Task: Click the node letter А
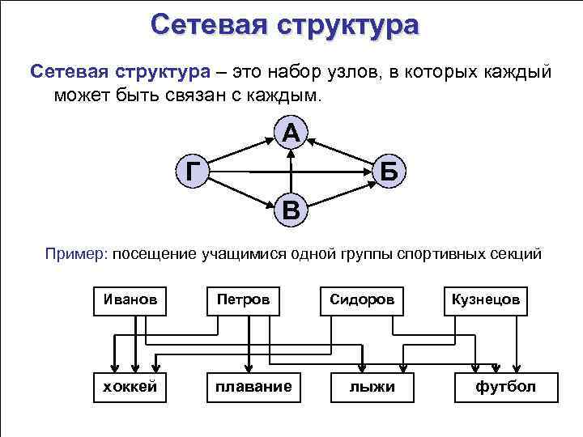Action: [291, 132]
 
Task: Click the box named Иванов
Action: [131, 299]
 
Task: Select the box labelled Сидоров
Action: [361, 299]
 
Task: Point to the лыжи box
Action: [372, 386]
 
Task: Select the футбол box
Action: [505, 386]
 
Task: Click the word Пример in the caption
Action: [75, 255]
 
